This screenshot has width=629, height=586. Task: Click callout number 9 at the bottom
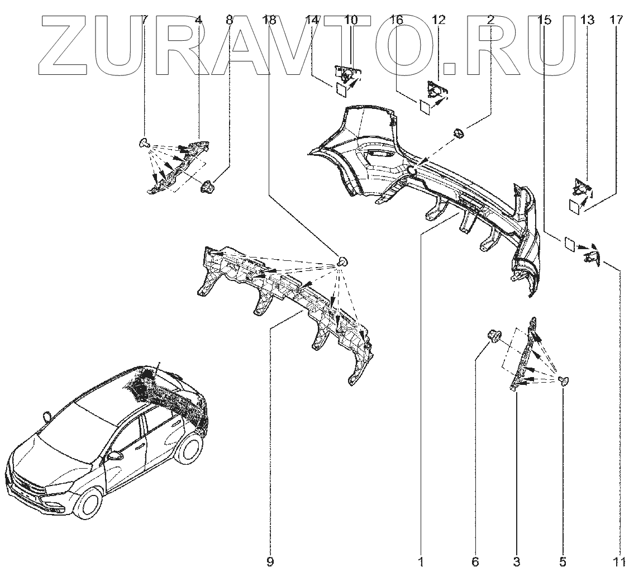coord(270,562)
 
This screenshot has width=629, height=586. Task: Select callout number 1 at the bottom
coord(421,562)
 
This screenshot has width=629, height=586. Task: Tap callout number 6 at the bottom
coord(475,562)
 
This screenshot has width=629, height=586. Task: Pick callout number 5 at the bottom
coord(563,562)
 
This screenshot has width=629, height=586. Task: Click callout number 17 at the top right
coord(616,20)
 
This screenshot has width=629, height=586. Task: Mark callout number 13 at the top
coord(587,20)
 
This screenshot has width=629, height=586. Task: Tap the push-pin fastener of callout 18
coord(343,261)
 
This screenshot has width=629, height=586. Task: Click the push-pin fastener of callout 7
coord(143,143)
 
